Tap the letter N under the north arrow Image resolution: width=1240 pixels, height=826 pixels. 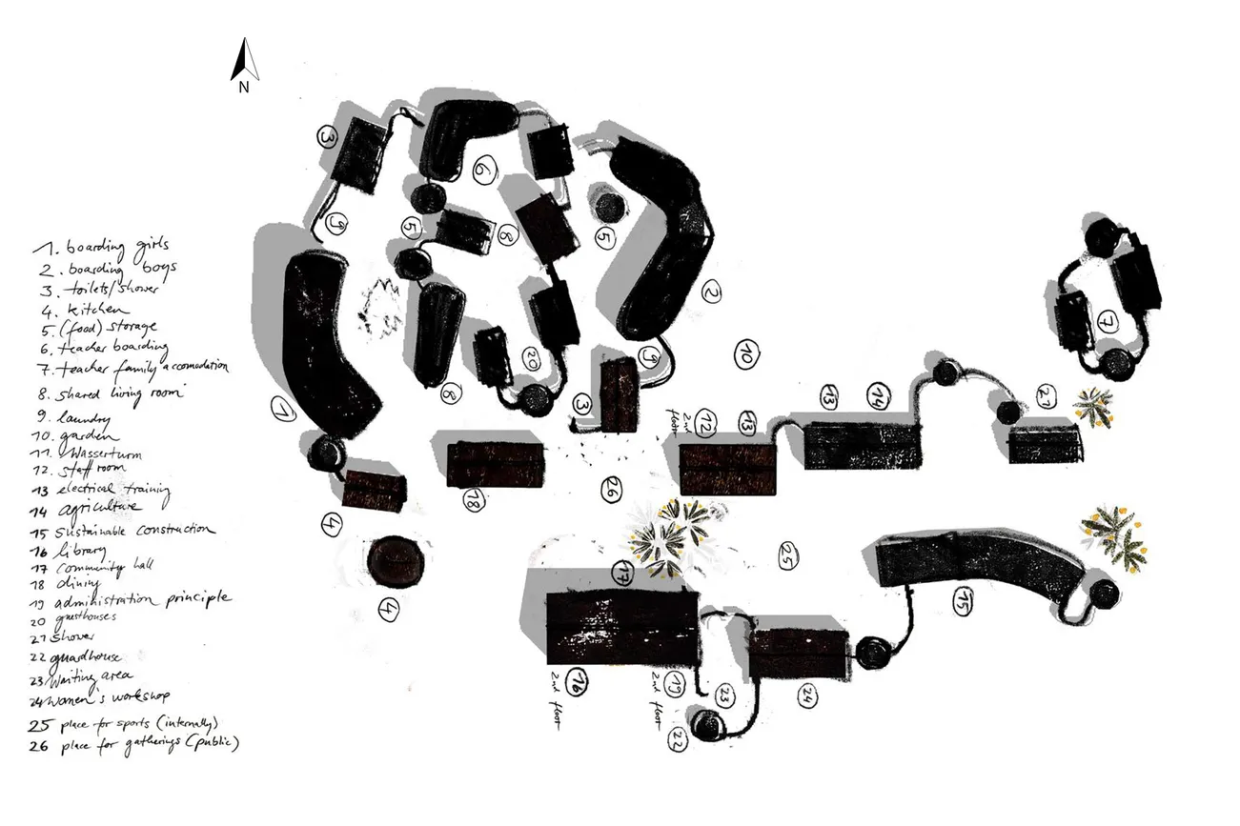coord(244,88)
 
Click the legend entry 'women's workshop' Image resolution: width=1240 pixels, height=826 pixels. coord(114,699)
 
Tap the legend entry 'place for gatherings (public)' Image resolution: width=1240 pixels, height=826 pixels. coord(138,743)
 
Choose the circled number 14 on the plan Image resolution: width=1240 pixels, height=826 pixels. coord(876,395)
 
